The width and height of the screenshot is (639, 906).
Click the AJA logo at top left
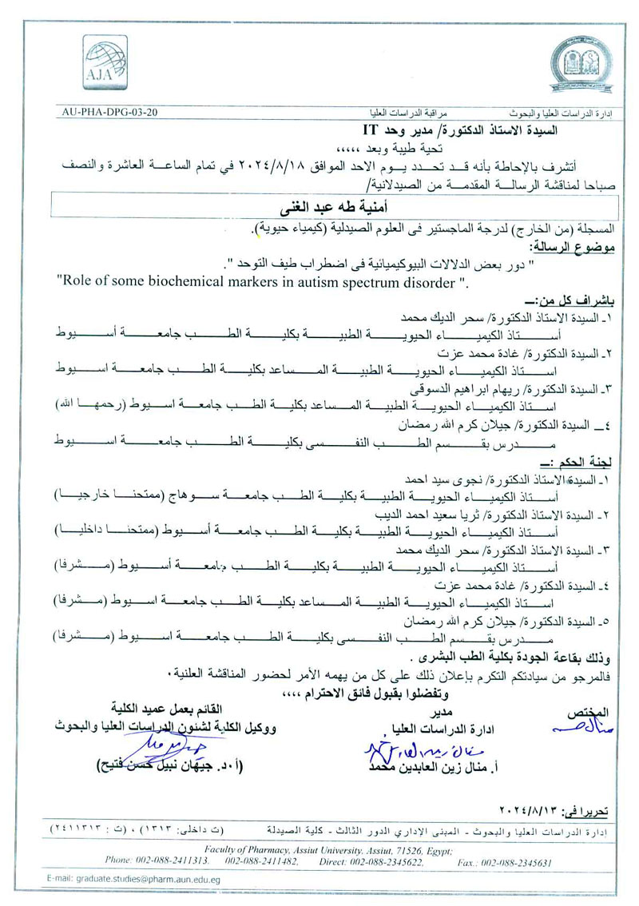coord(94,62)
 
